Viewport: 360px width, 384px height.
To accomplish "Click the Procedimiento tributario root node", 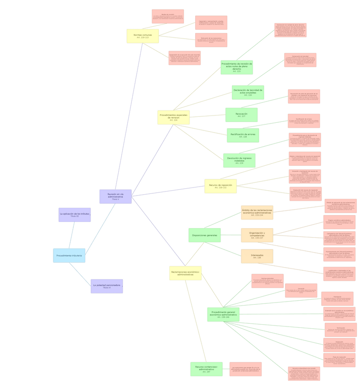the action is click(x=69, y=255).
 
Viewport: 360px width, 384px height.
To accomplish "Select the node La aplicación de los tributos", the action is click(x=74, y=215).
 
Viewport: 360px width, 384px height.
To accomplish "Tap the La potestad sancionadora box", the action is click(x=106, y=286).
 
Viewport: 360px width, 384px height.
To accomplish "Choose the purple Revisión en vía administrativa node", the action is click(x=115, y=197).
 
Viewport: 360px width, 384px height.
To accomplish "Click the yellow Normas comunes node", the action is click(x=143, y=36).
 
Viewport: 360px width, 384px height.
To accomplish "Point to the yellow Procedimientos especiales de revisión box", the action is click(x=173, y=117).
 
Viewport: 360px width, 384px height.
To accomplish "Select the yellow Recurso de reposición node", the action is click(x=220, y=186).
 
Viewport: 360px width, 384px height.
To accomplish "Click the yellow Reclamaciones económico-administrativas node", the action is click(x=185, y=273).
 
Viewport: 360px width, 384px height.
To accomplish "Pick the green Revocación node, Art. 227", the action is click(x=241, y=115).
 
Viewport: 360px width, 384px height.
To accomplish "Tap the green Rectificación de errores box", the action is click(x=243, y=135).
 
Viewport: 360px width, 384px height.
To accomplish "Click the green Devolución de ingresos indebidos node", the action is click(x=239, y=160).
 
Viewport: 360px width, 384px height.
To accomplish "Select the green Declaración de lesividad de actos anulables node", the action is click(x=248, y=92).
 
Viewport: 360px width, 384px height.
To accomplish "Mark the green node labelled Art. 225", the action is click(x=236, y=67).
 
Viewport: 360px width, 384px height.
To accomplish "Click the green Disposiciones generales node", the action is click(x=204, y=235).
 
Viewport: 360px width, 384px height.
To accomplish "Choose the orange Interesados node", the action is click(x=257, y=256).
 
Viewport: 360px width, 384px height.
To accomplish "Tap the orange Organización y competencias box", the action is click(x=257, y=235).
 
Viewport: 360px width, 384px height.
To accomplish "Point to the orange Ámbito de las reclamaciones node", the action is click(x=257, y=212).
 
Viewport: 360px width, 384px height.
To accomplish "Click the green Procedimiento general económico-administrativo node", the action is click(x=223, y=314).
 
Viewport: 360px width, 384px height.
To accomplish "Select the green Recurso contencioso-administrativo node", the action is click(x=206, y=369).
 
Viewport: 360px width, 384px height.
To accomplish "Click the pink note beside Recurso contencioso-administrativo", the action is click(x=245, y=369).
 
